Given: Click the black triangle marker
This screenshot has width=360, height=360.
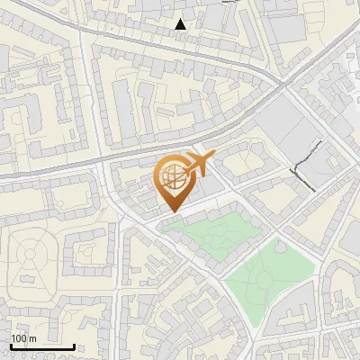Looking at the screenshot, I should pos(181,24).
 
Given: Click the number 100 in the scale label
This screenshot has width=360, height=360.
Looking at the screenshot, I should pos(19,338).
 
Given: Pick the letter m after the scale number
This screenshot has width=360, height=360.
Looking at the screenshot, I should pos(32,338).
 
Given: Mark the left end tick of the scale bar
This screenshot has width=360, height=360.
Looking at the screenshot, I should pos(10,345).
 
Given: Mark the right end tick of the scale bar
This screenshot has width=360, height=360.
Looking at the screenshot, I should pos(74,345).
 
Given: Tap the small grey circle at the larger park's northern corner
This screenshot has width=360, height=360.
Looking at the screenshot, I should pos(279,246).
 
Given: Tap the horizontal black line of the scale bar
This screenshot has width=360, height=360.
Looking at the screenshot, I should pos(41,346).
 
